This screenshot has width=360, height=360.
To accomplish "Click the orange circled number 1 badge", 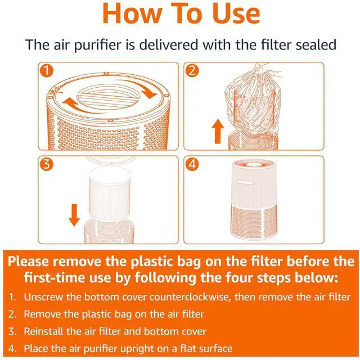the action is tap(47, 70).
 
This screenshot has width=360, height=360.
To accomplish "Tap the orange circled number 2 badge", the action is tap(192, 70).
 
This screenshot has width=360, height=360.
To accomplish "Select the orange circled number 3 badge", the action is tap(47, 164).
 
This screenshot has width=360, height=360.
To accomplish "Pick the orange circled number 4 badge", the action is tap(192, 164).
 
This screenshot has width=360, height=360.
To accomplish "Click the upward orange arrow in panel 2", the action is tap(218, 131).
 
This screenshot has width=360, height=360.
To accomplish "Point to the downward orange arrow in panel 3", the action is tap(74, 215).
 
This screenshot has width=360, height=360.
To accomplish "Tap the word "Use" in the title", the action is tap(236, 13).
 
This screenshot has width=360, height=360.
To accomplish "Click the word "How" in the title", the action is tap(132, 13).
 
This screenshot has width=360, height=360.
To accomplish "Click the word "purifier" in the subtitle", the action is tap(98, 45).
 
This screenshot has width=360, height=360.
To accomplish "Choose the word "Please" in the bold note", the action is tap(29, 262).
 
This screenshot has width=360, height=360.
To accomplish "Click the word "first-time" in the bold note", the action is tap(55, 277).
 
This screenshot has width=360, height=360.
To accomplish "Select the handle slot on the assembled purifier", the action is tap(245, 182).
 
